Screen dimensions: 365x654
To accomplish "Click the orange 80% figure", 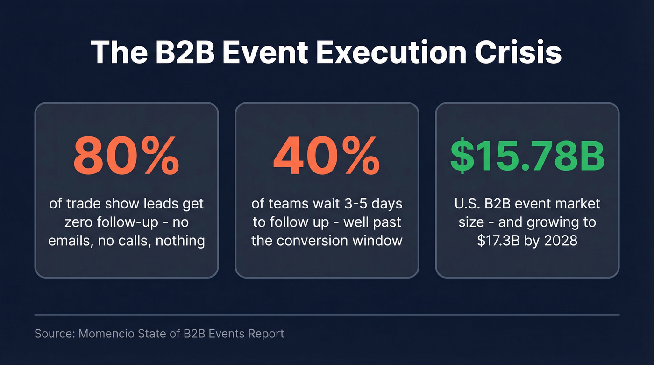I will [x=127, y=155].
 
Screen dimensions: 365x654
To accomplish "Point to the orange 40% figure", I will [x=327, y=155].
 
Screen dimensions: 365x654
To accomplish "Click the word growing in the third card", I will [x=548, y=222].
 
